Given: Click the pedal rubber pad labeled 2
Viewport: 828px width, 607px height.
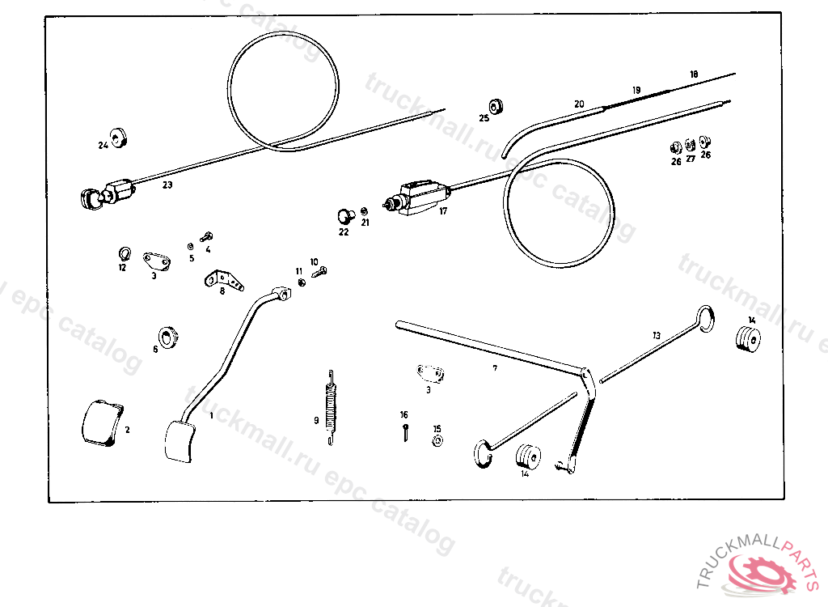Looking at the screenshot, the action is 102,422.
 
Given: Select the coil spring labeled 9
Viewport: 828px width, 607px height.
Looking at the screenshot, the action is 330,405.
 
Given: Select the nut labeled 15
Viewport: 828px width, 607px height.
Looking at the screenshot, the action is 437,441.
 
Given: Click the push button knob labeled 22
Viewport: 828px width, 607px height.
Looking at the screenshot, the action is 346,216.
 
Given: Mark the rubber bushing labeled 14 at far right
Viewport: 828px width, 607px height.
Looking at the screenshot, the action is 750,338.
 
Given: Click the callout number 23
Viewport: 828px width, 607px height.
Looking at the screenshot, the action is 167,185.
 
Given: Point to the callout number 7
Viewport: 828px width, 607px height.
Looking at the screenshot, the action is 495,368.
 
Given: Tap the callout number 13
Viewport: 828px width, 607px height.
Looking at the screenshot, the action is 657,334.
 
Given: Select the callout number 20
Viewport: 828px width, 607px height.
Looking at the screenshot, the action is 579,104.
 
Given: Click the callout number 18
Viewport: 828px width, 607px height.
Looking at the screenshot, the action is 694,74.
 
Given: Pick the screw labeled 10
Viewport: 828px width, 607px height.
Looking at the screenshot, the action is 319,274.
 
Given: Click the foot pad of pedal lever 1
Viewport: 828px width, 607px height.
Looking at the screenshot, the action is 180,441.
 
